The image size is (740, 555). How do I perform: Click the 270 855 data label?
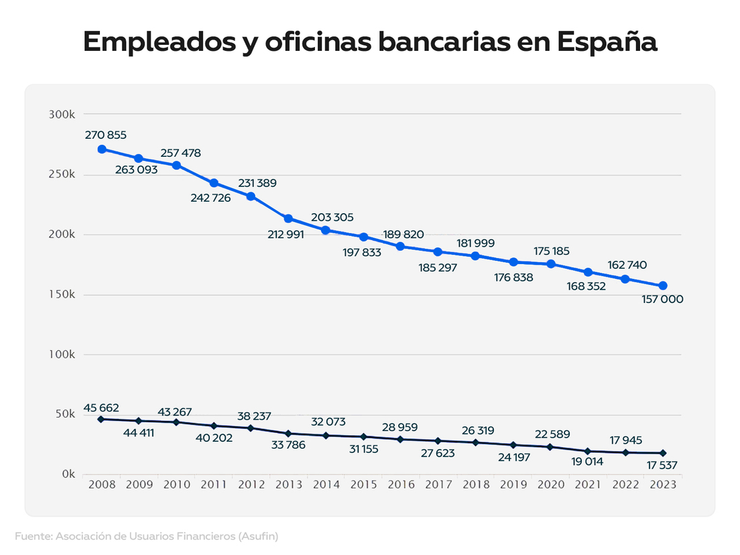point(106,135)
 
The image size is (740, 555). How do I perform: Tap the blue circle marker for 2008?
point(102,149)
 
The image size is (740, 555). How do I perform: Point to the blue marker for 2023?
point(662,286)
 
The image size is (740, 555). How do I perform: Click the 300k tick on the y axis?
point(62,115)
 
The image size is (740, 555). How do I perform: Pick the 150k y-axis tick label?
point(62,295)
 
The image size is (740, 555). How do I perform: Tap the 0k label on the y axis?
point(68,474)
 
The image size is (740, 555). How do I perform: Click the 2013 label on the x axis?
point(288,485)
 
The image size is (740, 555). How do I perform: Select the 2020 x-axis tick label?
point(550,485)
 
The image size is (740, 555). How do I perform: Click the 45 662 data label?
point(102,408)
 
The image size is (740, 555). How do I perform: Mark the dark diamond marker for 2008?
point(101,419)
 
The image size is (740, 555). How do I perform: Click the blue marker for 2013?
point(288,219)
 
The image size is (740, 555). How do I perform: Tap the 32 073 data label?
point(328,422)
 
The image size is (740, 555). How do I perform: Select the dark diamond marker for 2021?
point(588,451)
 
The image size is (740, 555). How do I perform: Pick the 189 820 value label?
point(404,234)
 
